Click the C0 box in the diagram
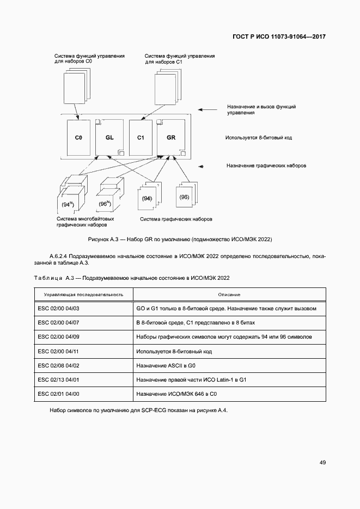coord(78,138)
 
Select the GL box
coord(109,138)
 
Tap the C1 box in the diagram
coord(140,138)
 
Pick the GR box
coord(171,138)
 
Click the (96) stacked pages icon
coord(184,197)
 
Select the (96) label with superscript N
coord(105,204)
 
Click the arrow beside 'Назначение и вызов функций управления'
coord(207,109)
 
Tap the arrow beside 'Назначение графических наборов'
coord(205,165)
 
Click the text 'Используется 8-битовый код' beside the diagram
coord(259,138)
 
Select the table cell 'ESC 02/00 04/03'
coord(59,309)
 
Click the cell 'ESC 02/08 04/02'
coord(59,365)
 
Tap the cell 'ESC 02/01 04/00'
coord(59,394)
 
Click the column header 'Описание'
coord(229,295)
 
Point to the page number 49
coord(322,462)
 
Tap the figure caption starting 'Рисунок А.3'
coord(180,239)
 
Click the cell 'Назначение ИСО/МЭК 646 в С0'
coord(180,394)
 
